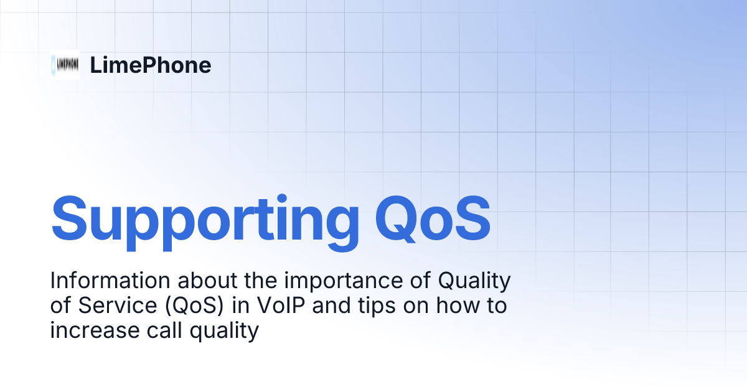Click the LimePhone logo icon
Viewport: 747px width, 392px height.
65,65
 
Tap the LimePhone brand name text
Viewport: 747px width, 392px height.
150,65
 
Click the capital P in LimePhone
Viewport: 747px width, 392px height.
143,65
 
